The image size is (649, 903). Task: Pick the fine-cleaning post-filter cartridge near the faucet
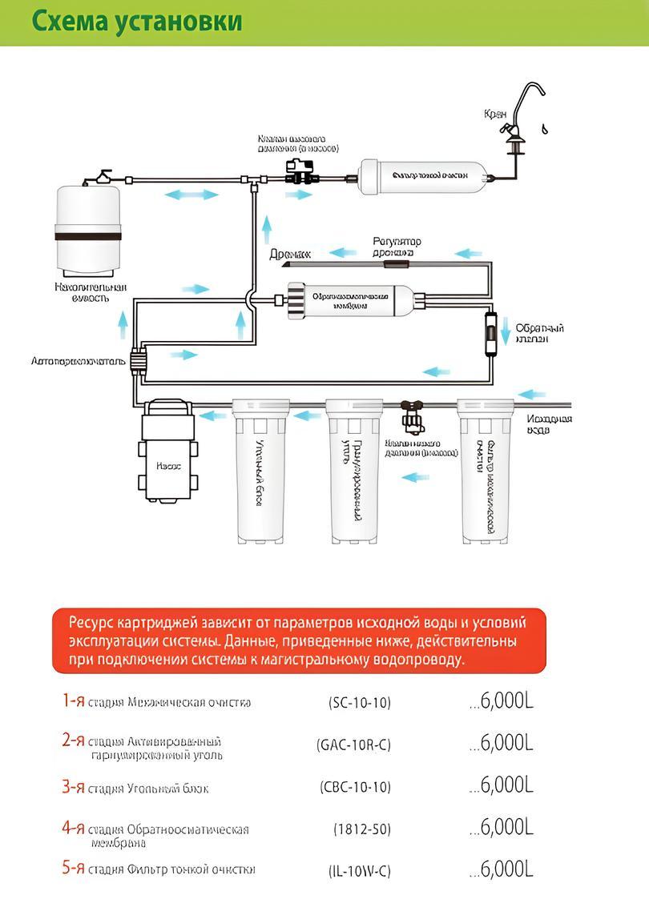tap(421, 175)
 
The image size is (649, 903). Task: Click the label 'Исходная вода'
tap(549, 424)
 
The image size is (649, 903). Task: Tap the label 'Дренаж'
tap(290, 254)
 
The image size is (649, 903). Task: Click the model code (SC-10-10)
tap(360, 703)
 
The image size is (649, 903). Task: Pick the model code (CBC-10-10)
tap(355, 788)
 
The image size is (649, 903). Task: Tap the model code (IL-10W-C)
tap(359, 870)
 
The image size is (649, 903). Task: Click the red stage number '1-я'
tap(73, 701)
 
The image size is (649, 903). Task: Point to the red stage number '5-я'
tap(73, 868)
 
